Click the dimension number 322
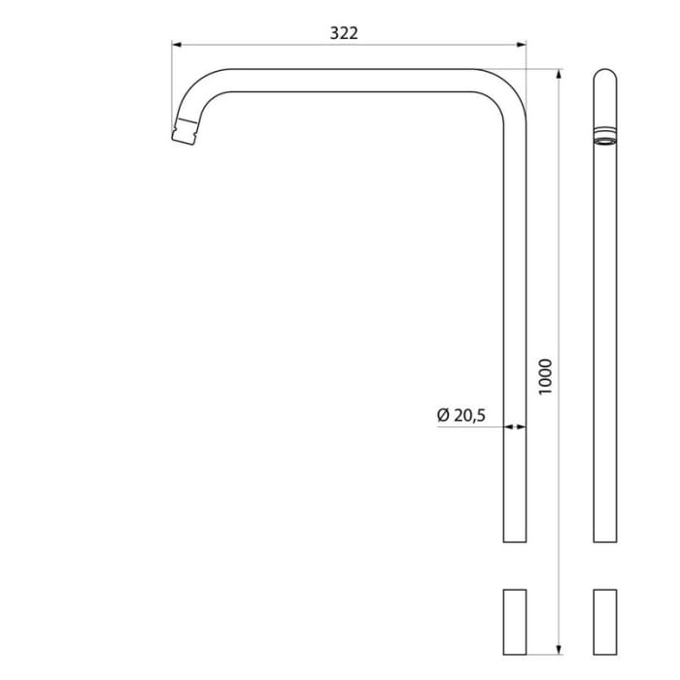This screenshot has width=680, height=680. [344, 32]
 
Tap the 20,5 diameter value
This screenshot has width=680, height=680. [469, 415]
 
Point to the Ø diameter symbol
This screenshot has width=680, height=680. [443, 415]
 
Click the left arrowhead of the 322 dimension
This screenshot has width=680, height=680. [177, 44]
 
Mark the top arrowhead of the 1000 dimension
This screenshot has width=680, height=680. [560, 74]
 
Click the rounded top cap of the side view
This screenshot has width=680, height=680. [604, 77]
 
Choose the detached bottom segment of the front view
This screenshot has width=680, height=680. [515, 621]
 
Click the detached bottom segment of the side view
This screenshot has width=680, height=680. [604, 621]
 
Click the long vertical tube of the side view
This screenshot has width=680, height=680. [604, 340]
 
